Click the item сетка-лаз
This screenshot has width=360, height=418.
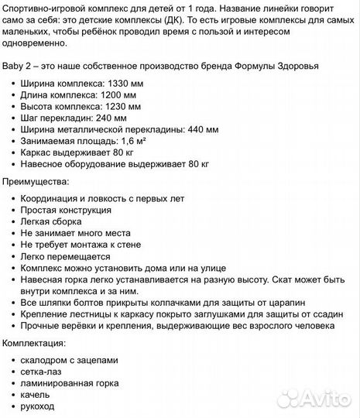tap(43, 372)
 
